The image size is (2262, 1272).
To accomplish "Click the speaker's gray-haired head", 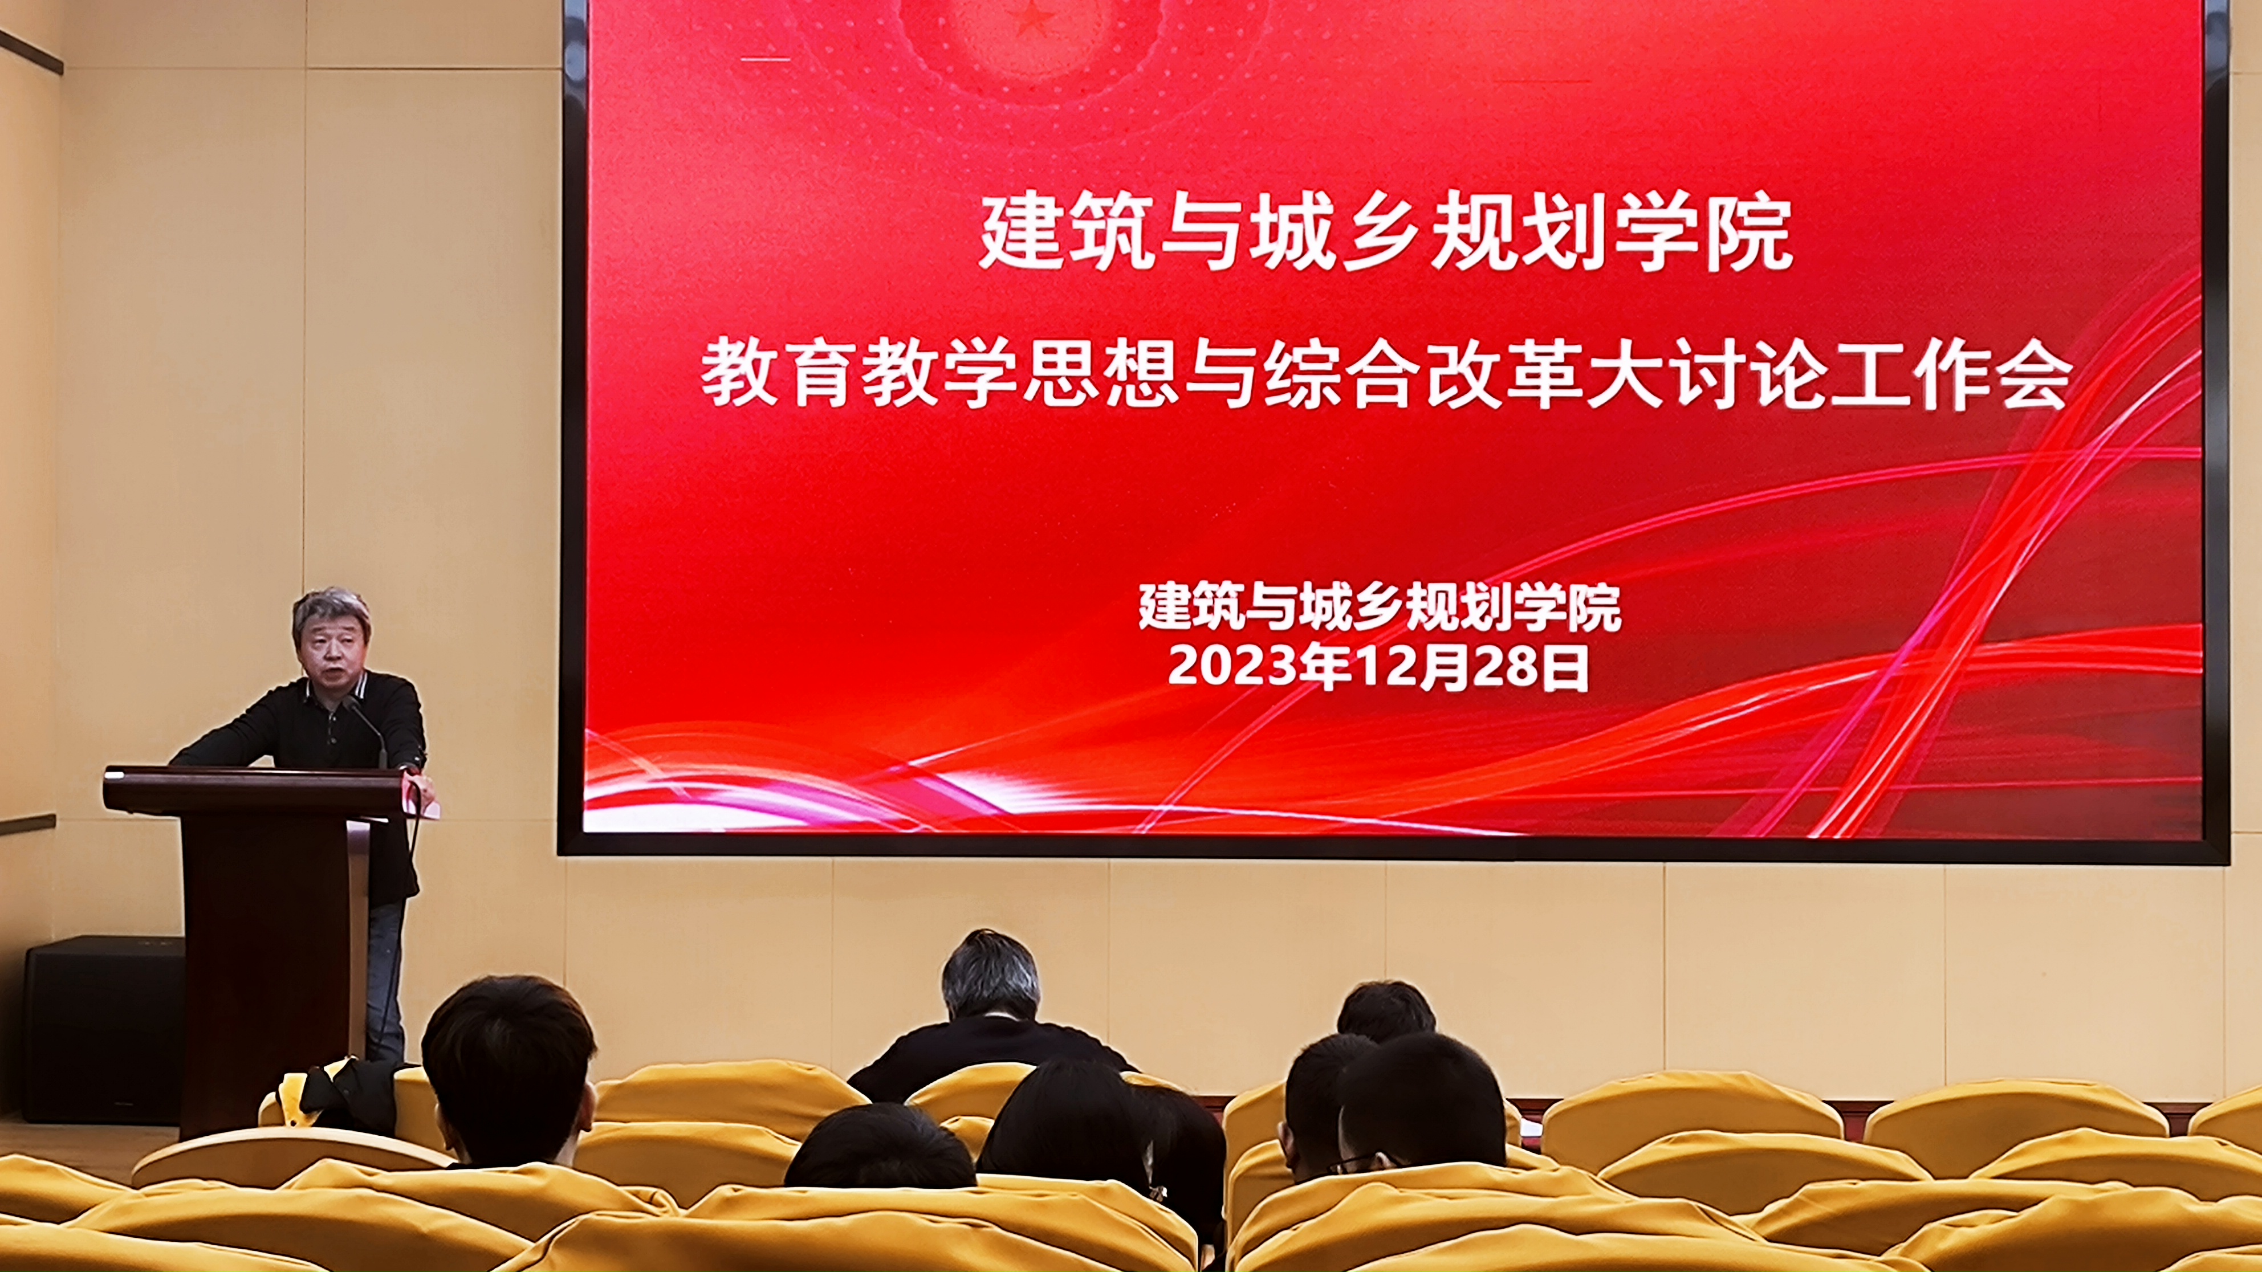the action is pyautogui.click(x=331, y=637).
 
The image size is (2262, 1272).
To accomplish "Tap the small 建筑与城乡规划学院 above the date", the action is pyautogui.click(x=1380, y=608).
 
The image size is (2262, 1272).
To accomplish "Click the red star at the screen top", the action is pyautogui.click(x=1032, y=18).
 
